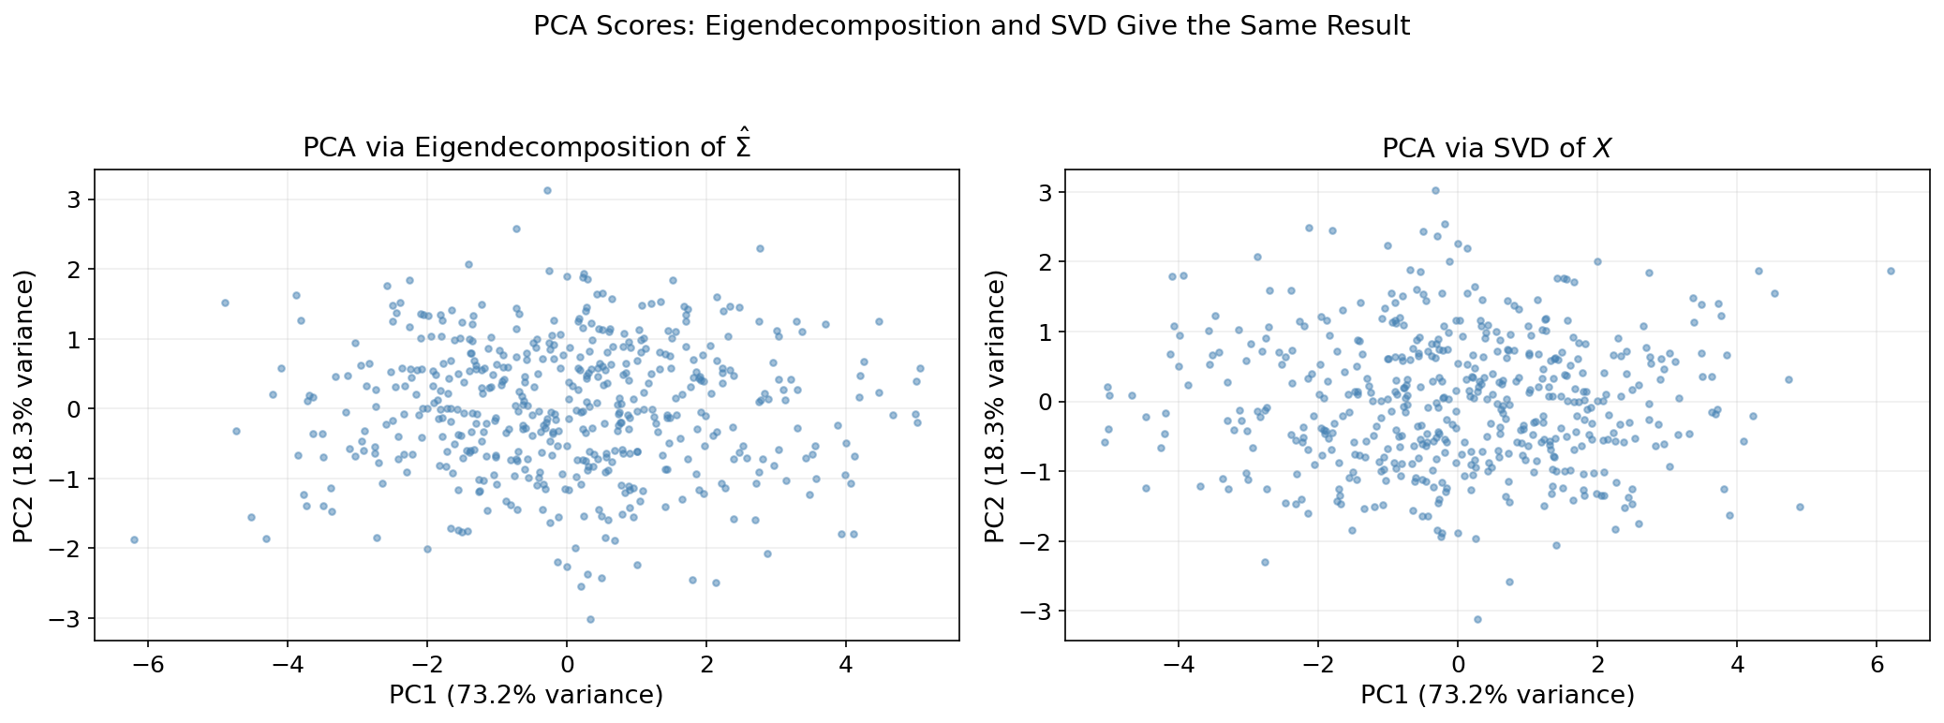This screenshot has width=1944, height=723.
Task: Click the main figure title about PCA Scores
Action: tap(972, 26)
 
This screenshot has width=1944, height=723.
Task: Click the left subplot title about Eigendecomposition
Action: tap(527, 148)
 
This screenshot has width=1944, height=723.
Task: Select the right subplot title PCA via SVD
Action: tap(1496, 148)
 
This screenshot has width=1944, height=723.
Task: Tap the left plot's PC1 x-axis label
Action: tap(527, 695)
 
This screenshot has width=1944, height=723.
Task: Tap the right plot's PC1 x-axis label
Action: tap(1497, 695)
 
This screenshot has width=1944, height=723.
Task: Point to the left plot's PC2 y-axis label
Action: tap(23, 406)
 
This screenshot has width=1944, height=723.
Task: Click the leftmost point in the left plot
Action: tap(134, 539)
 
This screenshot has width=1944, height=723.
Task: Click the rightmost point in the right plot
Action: tap(1891, 271)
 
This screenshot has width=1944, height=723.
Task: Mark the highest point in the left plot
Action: tap(548, 190)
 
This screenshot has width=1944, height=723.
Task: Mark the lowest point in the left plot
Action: tap(590, 619)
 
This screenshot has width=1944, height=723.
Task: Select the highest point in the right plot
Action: tap(1435, 190)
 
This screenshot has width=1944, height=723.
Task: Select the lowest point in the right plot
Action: tap(1477, 619)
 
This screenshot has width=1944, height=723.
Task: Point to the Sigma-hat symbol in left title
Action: tap(744, 146)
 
